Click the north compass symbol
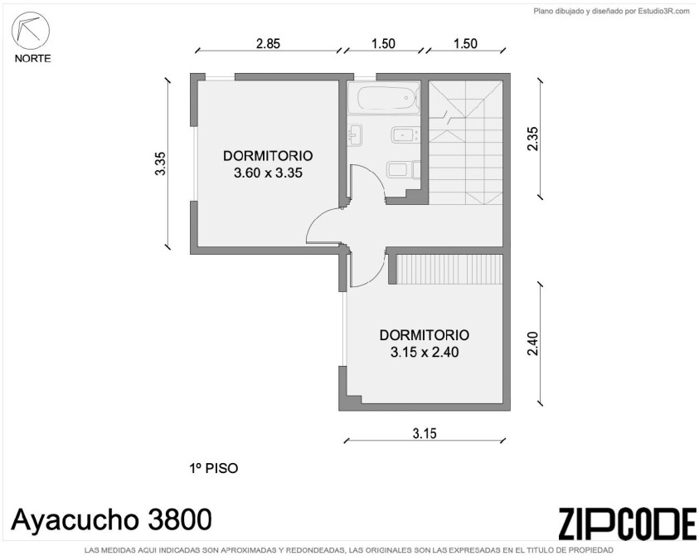[x=31, y=31]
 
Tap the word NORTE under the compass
[x=33, y=58]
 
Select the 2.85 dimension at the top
[x=268, y=44]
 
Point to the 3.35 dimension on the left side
[x=161, y=163]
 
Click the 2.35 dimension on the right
[x=532, y=139]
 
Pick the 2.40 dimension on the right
[x=532, y=344]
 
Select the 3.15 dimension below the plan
[x=425, y=433]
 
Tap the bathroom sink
[x=355, y=134]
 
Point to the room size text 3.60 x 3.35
[x=268, y=173]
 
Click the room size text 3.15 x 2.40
[x=425, y=352]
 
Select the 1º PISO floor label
[x=214, y=469]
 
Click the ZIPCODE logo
[x=627, y=524]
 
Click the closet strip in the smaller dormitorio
[x=449, y=269]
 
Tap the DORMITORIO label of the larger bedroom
[x=268, y=156]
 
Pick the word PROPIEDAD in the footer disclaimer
[x=593, y=550]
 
